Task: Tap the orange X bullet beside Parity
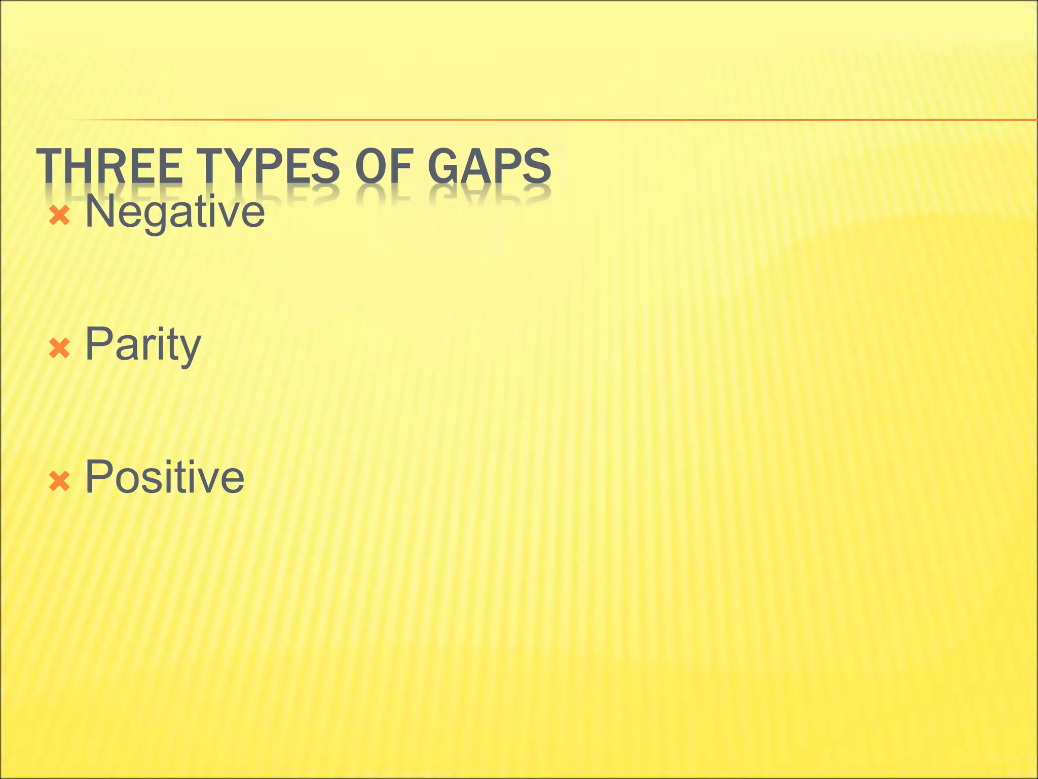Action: point(59,349)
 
